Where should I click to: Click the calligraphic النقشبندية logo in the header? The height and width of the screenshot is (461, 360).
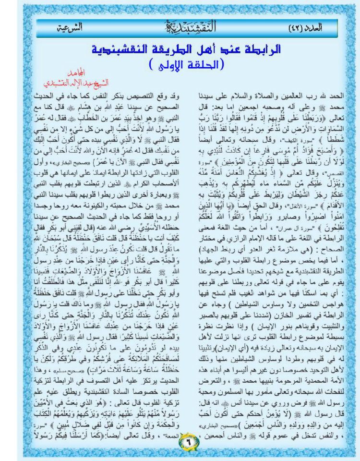click(188, 27)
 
